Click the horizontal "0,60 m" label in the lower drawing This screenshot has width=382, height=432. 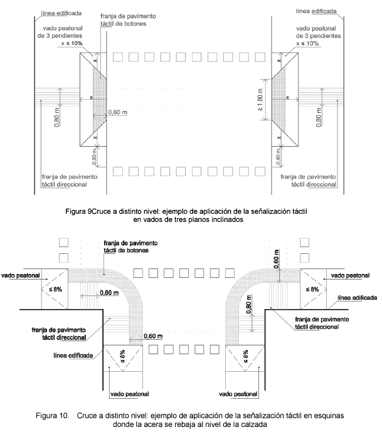pos(154,336)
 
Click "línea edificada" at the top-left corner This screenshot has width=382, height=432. pos(60,12)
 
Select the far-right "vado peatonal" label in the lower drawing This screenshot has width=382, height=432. pos(350,275)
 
